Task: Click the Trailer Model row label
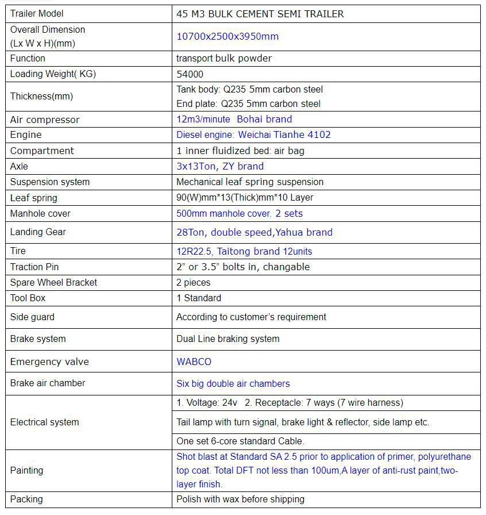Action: (x=37, y=13)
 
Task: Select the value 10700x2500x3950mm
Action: (x=227, y=36)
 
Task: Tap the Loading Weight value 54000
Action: (x=190, y=74)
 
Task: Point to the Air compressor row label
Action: (x=45, y=120)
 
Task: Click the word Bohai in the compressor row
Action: (x=251, y=120)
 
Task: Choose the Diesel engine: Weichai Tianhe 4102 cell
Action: (x=253, y=134)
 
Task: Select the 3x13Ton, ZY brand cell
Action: (x=220, y=166)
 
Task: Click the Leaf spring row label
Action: (x=33, y=198)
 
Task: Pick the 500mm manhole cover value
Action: (x=240, y=213)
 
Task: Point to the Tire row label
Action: (x=18, y=251)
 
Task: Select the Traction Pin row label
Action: (x=34, y=267)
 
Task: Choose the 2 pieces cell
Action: (x=193, y=282)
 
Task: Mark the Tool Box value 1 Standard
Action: (x=199, y=298)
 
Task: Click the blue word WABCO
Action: (x=194, y=362)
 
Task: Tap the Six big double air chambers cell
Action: (x=233, y=383)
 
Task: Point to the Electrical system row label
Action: (x=45, y=422)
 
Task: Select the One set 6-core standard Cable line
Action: (x=240, y=441)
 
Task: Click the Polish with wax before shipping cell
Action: (x=240, y=499)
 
